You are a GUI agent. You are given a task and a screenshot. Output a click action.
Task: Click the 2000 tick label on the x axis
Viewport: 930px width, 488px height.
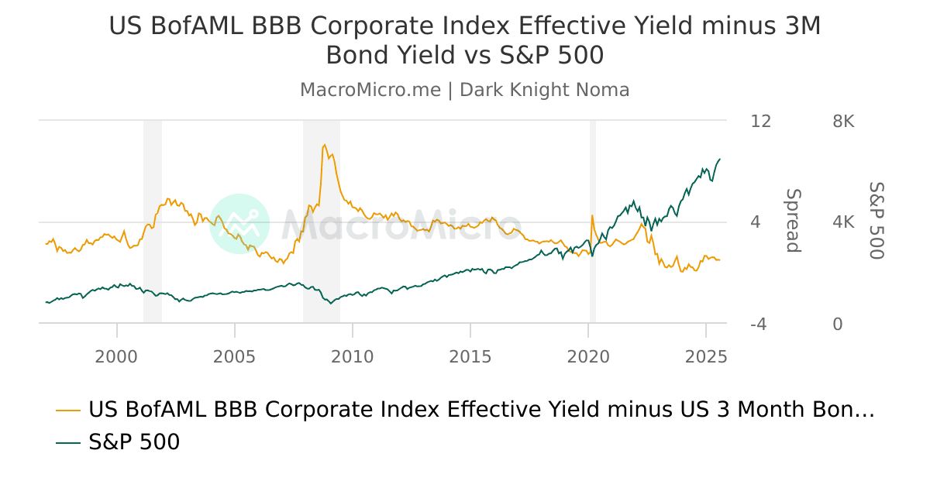click(x=116, y=356)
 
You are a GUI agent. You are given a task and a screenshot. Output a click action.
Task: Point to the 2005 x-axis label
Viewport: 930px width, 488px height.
click(x=234, y=356)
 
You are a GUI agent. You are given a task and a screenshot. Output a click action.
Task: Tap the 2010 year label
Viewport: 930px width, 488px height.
click(x=352, y=356)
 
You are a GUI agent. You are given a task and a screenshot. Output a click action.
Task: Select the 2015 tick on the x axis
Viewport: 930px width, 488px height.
click(x=470, y=356)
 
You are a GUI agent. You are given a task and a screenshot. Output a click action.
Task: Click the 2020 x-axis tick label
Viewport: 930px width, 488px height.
click(x=587, y=356)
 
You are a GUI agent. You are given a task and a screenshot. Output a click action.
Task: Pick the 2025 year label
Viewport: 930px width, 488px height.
click(x=705, y=356)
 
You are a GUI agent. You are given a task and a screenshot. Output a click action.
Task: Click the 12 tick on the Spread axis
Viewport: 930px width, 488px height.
click(x=761, y=122)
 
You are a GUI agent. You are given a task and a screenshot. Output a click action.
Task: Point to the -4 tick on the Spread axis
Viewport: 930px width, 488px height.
click(x=760, y=325)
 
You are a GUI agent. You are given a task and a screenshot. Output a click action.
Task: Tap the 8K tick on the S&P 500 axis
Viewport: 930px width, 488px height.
click(x=843, y=122)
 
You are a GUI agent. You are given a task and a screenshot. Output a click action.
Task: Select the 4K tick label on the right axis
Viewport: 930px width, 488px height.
click(x=843, y=223)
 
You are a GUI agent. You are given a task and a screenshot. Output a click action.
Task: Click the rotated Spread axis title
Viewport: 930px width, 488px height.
click(x=792, y=221)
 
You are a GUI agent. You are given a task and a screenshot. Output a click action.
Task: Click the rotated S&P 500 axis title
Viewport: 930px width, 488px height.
click(x=876, y=221)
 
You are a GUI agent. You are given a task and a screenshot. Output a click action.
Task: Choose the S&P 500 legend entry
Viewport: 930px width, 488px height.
click(x=133, y=442)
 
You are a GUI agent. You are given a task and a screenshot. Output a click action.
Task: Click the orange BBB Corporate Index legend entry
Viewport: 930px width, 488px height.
click(x=480, y=410)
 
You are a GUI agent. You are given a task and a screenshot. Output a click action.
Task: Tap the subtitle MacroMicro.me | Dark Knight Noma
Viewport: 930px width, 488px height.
click(x=465, y=90)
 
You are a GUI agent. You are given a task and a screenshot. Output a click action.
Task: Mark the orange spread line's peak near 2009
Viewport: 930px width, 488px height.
click(x=324, y=145)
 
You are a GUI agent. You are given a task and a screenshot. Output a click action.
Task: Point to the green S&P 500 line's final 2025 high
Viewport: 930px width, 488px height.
click(x=720, y=159)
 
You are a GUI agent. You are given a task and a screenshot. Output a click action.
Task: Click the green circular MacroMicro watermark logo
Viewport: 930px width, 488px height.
click(x=239, y=224)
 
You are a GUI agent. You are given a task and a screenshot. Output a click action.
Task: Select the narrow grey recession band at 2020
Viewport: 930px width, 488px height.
click(x=593, y=221)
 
